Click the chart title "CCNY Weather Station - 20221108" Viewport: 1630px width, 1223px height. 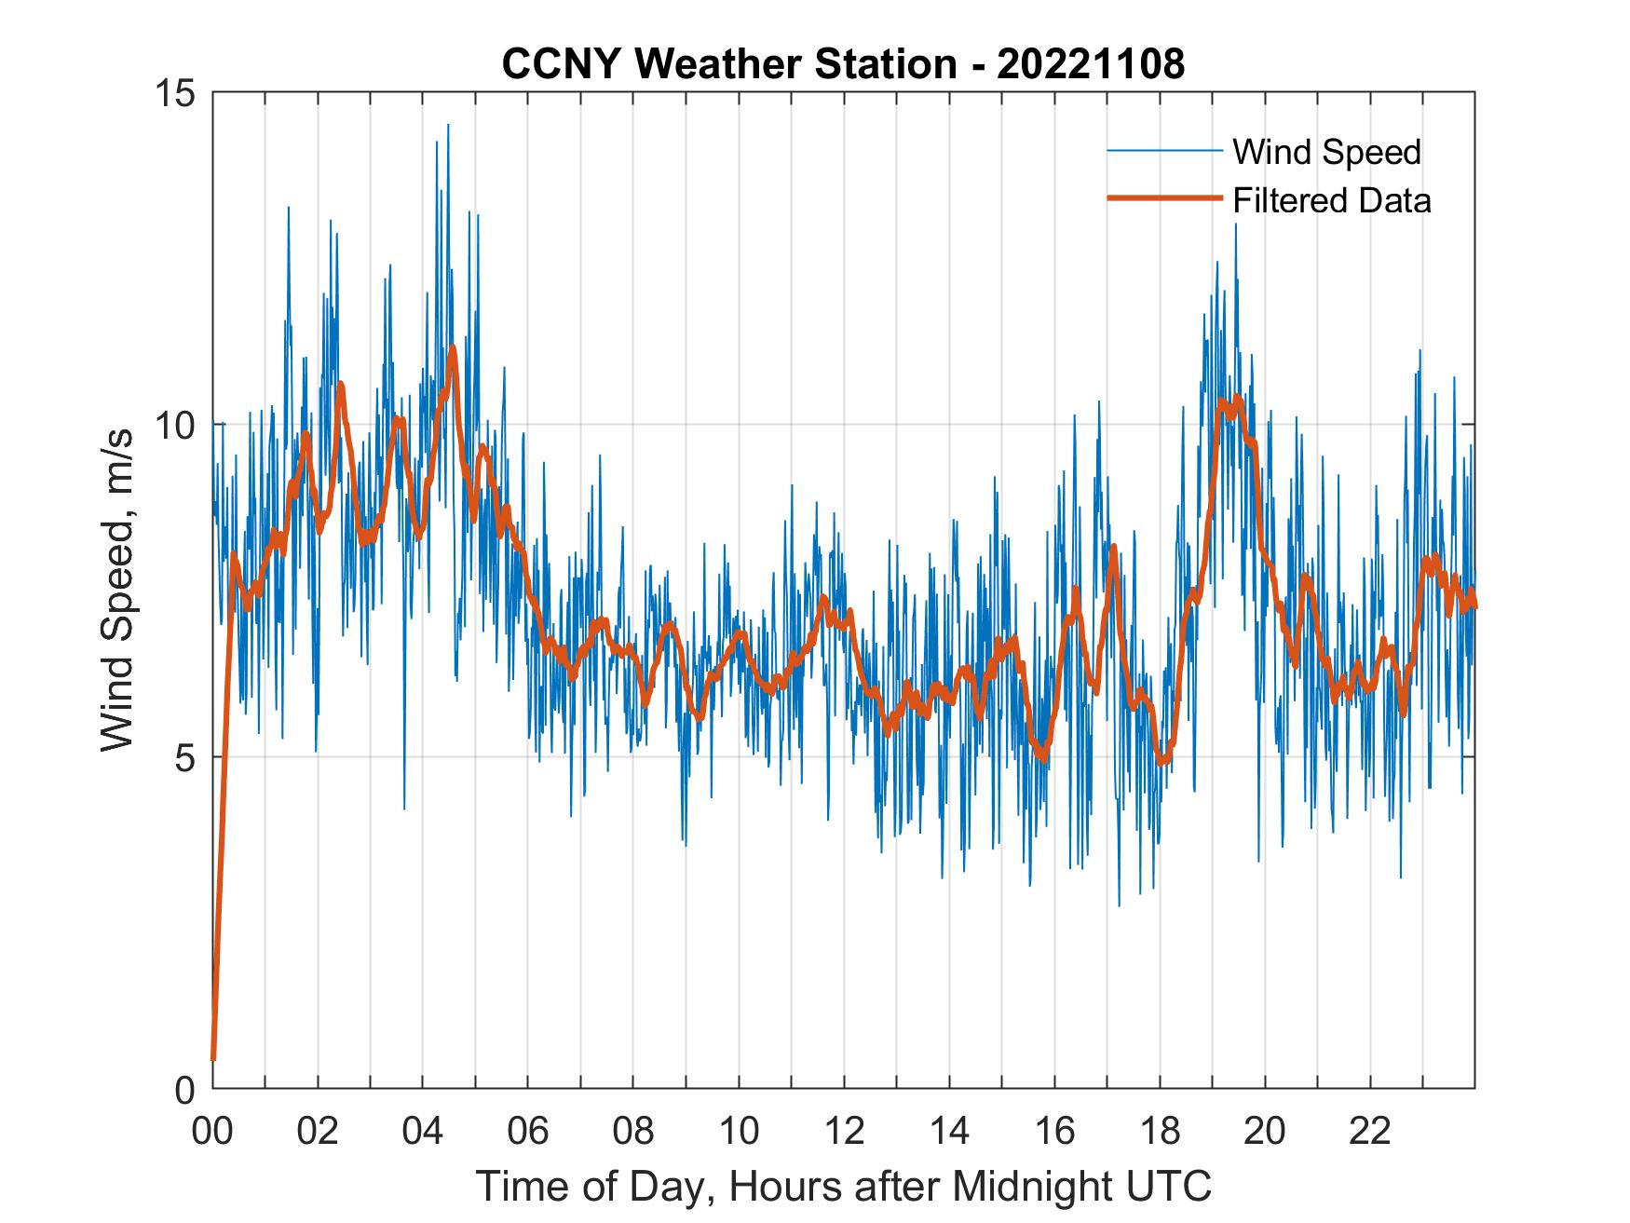(x=843, y=64)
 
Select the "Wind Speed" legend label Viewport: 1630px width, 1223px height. (x=1326, y=152)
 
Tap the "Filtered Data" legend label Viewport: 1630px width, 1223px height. (x=1331, y=200)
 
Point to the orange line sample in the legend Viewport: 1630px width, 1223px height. (x=1164, y=198)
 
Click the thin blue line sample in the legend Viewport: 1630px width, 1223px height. (x=1164, y=151)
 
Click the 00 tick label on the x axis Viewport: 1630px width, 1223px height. (x=213, y=1131)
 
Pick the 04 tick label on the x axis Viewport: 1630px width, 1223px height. (x=423, y=1131)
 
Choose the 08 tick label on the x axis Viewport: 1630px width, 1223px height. (x=633, y=1131)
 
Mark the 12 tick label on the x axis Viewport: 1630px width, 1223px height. (x=844, y=1131)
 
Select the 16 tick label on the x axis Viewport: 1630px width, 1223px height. (x=1054, y=1131)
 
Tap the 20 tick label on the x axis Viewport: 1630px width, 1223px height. (x=1265, y=1131)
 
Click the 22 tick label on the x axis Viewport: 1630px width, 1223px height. (x=1370, y=1131)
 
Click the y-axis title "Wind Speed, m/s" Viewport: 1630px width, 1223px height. (x=116, y=591)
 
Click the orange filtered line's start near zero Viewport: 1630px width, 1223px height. (x=213, y=1057)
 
